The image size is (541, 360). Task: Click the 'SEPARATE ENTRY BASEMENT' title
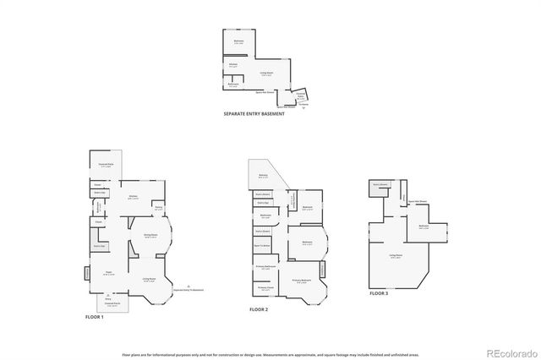tap(254, 114)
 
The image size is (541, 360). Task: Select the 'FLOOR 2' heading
tap(259, 310)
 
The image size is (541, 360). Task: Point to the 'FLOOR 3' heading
tap(379, 292)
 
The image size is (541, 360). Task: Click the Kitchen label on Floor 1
tap(133, 198)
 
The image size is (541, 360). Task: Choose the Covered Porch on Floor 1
tap(112, 304)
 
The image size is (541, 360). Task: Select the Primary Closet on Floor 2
tap(265, 290)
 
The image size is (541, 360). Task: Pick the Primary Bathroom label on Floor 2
tap(265, 267)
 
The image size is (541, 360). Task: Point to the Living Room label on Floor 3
tap(395, 256)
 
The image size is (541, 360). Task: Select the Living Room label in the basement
tap(266, 74)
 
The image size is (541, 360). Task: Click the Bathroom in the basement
tap(234, 85)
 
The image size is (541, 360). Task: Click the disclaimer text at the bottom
tap(270, 355)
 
